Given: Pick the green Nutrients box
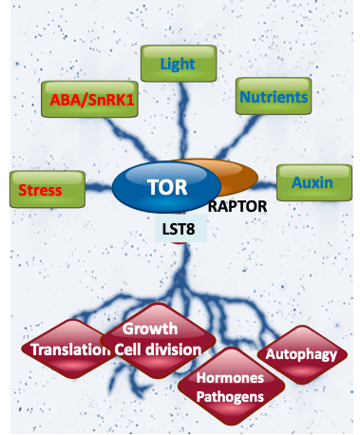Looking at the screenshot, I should (x=273, y=97).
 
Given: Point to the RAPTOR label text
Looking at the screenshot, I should (x=237, y=206).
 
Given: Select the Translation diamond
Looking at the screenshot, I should (x=66, y=349).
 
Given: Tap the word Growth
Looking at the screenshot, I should (x=150, y=329).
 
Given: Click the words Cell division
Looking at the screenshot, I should (x=158, y=349).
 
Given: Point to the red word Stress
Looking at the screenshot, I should (x=41, y=190).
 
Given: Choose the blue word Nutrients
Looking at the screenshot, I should (x=273, y=97).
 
